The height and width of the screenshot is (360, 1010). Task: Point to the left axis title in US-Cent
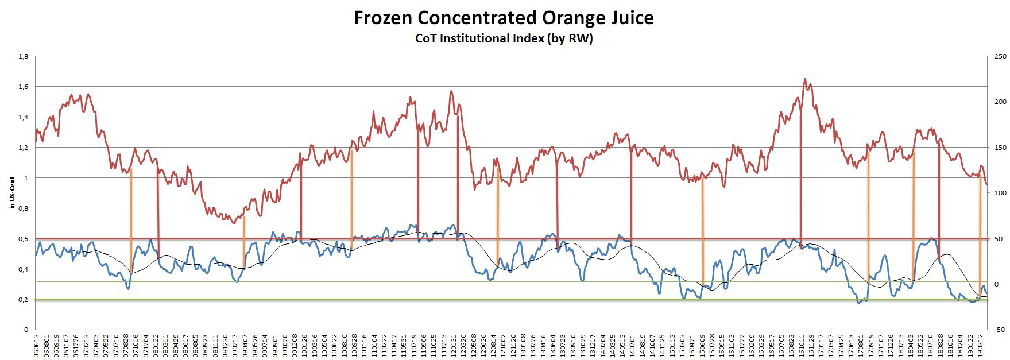coord(12,193)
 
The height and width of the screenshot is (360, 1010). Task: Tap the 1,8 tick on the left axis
coord(24,56)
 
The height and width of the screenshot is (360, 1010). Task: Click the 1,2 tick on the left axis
coord(24,148)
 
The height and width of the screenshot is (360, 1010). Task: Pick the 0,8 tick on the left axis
coord(24,208)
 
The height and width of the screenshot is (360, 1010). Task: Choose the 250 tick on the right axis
coord(1000,56)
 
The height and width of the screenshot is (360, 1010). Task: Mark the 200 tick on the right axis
coord(1000,102)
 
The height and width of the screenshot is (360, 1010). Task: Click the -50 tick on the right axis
coord(1000,330)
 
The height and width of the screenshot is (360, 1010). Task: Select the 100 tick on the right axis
coord(1000,193)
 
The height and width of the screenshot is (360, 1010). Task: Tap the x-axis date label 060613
coord(36,346)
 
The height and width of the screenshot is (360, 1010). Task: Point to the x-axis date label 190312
coord(980,346)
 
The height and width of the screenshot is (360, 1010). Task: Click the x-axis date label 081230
coord(225,346)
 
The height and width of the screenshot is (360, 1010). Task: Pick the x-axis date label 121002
coord(503,346)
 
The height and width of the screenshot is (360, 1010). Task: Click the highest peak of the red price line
coord(805,79)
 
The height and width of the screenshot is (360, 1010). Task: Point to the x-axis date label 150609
coord(702,346)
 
